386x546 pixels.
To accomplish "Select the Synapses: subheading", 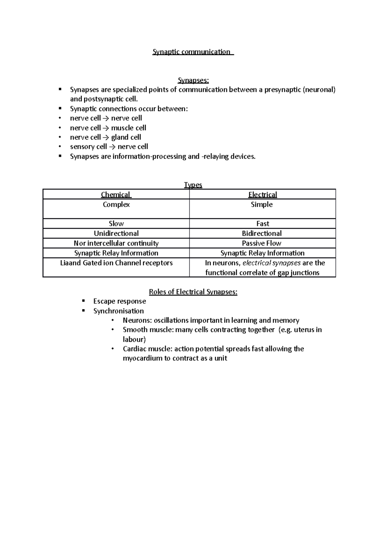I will (193, 80).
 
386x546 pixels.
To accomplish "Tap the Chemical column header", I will (116, 195).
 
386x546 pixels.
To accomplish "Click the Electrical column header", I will (262, 195).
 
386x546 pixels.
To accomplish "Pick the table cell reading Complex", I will (116, 205).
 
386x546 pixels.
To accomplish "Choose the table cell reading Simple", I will (262, 205).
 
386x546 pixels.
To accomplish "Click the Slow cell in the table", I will (116, 223).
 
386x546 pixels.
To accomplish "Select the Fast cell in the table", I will (262, 223).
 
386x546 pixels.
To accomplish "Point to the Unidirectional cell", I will (116, 233).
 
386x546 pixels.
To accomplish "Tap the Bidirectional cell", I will (262, 233).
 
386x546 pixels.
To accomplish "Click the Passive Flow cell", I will (262, 243).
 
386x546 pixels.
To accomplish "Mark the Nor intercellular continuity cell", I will (116, 243).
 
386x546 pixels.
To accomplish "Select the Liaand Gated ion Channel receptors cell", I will (116, 263).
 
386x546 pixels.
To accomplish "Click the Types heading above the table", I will (193, 185).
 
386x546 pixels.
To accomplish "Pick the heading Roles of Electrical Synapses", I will (193, 292).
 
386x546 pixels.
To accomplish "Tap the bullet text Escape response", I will (120, 301).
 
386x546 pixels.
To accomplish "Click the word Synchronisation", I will (118, 311).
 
